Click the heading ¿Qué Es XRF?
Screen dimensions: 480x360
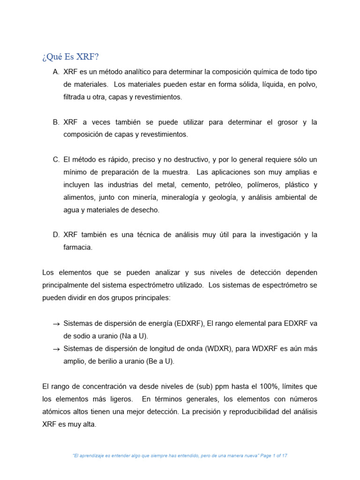(70, 57)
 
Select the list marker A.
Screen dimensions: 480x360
(56, 72)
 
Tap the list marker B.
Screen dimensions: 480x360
(56, 122)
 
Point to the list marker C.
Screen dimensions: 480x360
(56, 160)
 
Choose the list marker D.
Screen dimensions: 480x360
(56, 235)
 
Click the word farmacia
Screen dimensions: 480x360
(78, 247)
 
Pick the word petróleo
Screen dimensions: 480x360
(209, 185)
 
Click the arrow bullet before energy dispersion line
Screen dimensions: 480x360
(56, 324)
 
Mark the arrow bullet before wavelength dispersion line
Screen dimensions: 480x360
(56, 349)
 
